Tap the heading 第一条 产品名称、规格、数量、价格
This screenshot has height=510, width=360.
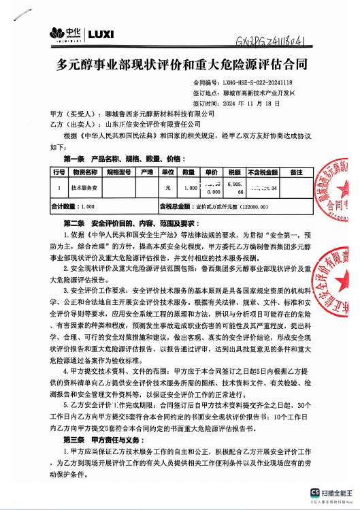click(x=115, y=158)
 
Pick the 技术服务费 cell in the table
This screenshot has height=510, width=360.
click(x=84, y=186)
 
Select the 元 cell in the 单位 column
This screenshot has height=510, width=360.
click(x=168, y=186)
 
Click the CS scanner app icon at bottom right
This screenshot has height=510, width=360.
click(x=315, y=492)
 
